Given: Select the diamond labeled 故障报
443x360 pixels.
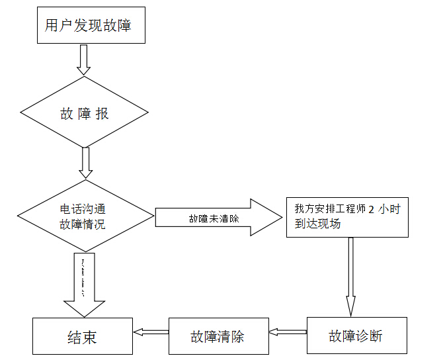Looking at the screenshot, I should coord(84,114).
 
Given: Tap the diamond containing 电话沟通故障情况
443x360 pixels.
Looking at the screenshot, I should coord(86,216).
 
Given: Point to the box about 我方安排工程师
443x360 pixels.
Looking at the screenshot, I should coord(347,217).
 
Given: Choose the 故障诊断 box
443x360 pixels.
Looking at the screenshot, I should coord(356,336).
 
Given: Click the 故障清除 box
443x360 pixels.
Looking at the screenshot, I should coord(218,336).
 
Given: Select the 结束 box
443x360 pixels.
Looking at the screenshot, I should coord(83,336).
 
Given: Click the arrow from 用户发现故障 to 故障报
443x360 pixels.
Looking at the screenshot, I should coord(83,60).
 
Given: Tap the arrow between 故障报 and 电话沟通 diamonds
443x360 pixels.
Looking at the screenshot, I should coord(85,162).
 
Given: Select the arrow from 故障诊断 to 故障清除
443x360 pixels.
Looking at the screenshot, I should coord(288,332).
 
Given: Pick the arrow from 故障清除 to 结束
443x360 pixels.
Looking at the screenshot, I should coord(151,332).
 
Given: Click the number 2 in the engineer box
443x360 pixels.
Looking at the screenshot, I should coord(372,209).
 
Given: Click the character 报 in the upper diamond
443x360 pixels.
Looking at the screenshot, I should coord(102,114).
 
